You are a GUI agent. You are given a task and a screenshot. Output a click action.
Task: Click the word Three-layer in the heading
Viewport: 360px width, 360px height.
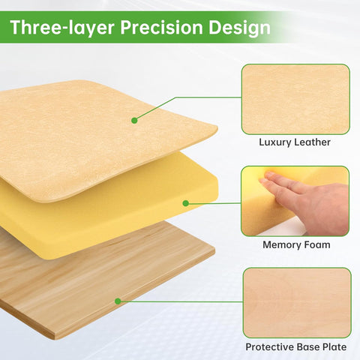click(x=54, y=28)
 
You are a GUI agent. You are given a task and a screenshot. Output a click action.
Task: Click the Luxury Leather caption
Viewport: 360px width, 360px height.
click(x=295, y=142)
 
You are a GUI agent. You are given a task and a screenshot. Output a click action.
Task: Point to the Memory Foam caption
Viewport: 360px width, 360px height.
click(x=296, y=244)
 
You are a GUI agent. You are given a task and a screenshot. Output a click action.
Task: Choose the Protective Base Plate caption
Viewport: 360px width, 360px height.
click(x=296, y=347)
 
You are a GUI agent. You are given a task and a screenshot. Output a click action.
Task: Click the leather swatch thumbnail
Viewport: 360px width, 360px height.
click(x=295, y=99)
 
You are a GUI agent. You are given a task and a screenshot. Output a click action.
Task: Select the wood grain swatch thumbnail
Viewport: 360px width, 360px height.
click(x=296, y=302)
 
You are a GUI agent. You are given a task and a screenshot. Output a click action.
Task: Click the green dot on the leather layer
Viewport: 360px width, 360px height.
click(x=134, y=120)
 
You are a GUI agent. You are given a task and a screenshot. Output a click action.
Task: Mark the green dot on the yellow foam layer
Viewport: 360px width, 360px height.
click(x=185, y=203)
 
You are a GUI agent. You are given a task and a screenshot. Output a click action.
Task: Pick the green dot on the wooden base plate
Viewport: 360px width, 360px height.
click(x=118, y=301)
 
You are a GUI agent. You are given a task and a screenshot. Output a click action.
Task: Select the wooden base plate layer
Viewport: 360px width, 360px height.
click(x=75, y=292)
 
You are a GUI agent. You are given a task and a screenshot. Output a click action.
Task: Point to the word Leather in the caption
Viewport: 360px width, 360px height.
click(x=312, y=142)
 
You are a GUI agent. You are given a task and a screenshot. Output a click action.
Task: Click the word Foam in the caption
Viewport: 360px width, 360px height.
click(x=315, y=244)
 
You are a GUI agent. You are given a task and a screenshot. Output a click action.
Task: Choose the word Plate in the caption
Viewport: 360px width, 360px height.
click(x=331, y=347)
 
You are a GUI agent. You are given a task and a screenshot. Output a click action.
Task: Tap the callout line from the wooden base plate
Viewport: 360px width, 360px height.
click(x=180, y=302)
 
